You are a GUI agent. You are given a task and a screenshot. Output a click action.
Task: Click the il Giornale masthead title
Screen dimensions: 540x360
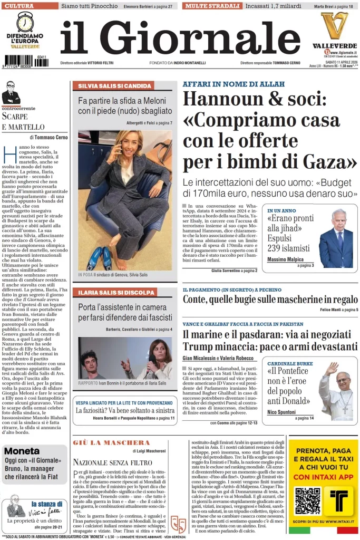(180, 38)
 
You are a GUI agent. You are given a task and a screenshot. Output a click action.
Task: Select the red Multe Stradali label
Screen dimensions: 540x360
(211, 6)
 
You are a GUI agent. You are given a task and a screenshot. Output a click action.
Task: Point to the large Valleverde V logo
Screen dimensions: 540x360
(334, 25)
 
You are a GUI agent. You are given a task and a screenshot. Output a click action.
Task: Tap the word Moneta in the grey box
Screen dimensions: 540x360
(22, 451)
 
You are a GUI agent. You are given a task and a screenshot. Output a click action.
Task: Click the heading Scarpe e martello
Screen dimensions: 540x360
(23, 121)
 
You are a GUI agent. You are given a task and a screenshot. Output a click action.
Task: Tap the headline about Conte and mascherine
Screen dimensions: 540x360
(270, 300)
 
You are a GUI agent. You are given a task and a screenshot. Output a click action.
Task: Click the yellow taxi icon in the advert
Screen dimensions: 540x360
(338, 500)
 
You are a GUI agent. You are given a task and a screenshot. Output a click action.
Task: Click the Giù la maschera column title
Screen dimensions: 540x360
(112, 442)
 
